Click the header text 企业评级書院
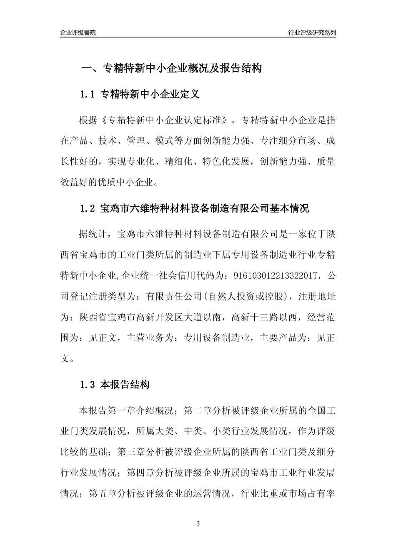point(78,33)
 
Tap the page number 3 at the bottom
point(198,523)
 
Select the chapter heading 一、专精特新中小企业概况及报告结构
point(171,68)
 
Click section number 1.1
point(88,95)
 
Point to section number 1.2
point(88,209)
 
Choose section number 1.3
point(88,385)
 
